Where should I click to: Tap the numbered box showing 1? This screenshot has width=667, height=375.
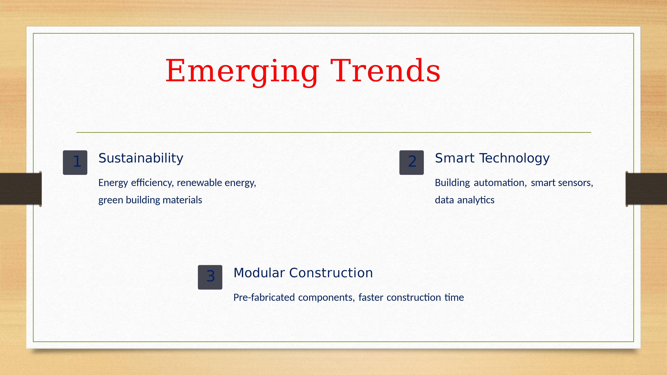point(75,162)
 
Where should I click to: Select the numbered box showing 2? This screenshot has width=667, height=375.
point(411,162)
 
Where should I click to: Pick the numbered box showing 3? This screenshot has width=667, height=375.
point(210,277)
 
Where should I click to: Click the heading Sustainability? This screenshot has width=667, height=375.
point(141,158)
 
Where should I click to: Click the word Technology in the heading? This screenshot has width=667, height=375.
point(514,159)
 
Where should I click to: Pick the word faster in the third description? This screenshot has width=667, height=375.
point(371,297)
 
